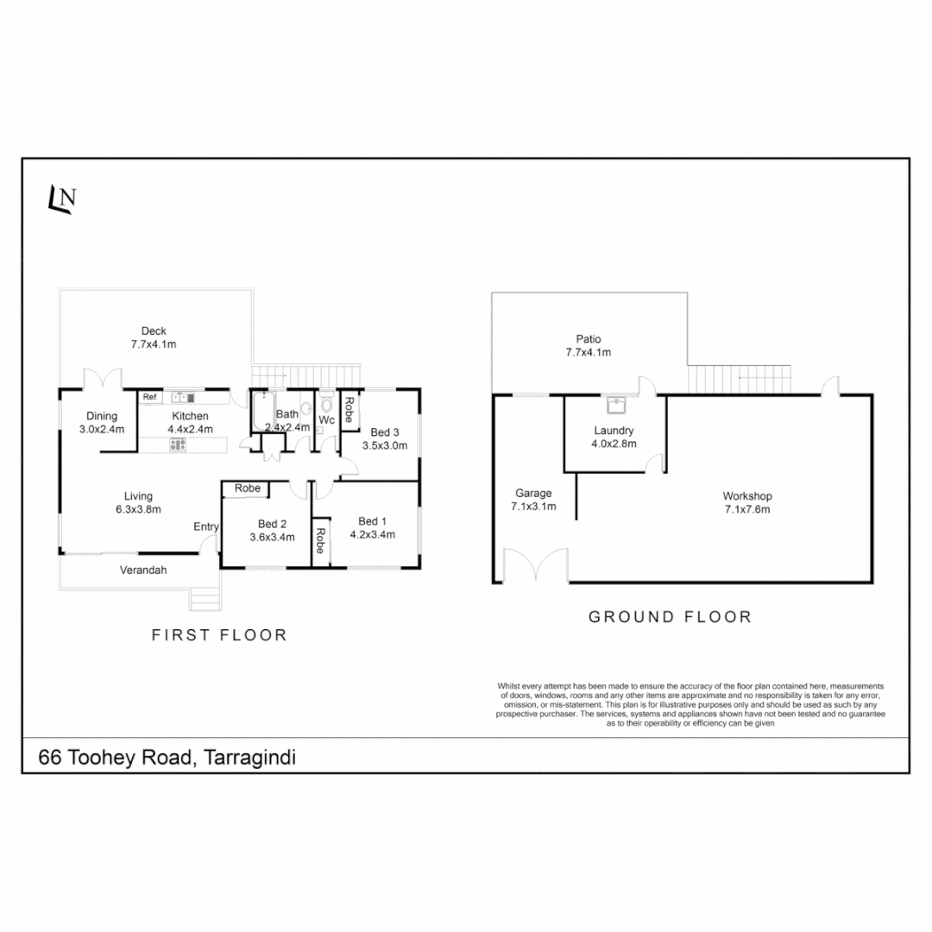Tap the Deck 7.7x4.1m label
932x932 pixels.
(x=154, y=337)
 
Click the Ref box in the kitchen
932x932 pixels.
(x=150, y=397)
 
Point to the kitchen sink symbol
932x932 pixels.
(x=182, y=397)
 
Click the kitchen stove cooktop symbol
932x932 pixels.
(x=179, y=444)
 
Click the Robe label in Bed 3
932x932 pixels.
(x=349, y=408)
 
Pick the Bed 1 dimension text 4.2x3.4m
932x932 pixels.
(x=372, y=534)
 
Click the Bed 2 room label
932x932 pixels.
(x=273, y=524)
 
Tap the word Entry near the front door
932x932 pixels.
(x=206, y=526)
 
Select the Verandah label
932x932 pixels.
(x=142, y=570)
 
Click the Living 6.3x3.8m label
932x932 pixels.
(x=138, y=502)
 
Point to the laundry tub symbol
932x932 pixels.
(x=616, y=402)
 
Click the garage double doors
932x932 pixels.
(x=536, y=567)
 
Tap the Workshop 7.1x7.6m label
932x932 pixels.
(x=746, y=502)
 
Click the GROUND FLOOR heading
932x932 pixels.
(x=669, y=617)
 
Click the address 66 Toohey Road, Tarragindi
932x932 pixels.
(x=167, y=758)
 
